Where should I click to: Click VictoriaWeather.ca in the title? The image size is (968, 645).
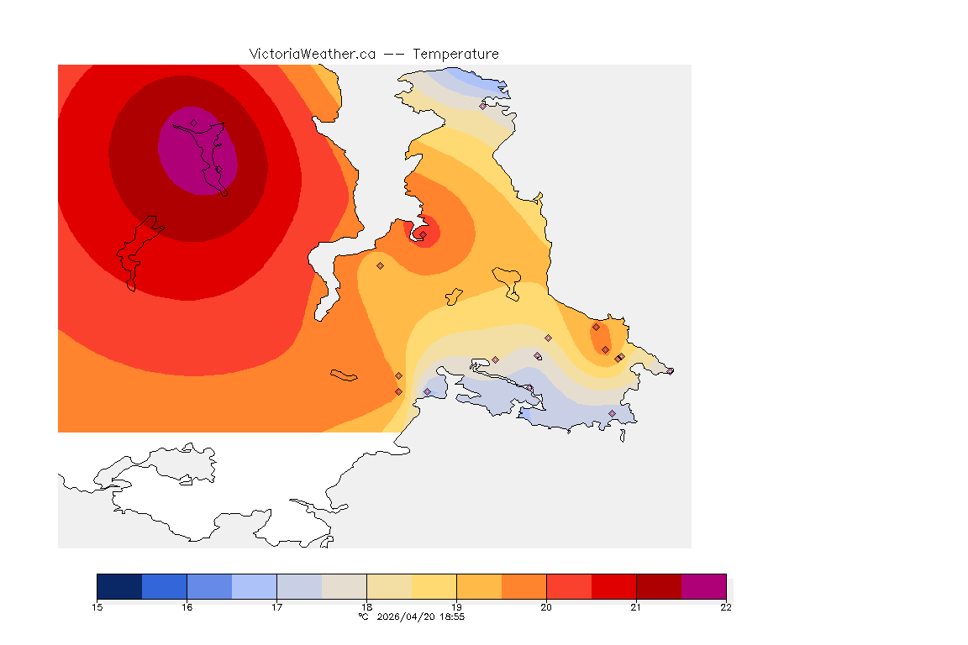(x=312, y=54)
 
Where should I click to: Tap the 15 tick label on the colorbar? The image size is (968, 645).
(x=97, y=607)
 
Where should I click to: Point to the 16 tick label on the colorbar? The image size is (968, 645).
(x=187, y=607)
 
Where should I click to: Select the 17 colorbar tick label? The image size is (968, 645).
(x=276, y=607)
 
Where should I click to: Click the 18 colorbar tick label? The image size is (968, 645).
(x=366, y=607)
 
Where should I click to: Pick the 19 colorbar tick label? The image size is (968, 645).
(x=456, y=607)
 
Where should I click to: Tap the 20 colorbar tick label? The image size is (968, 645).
(x=546, y=607)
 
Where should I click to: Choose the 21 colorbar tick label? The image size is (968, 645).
(x=636, y=607)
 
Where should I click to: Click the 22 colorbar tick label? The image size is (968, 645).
(x=726, y=607)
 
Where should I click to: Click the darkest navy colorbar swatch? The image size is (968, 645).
(x=119, y=586)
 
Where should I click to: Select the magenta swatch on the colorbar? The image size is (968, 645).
(x=703, y=586)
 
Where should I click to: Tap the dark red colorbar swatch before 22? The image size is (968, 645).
(x=659, y=586)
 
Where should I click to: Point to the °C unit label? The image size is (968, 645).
(x=363, y=616)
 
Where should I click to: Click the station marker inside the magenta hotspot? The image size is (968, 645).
(x=193, y=123)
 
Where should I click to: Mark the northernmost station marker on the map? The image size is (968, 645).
(x=483, y=106)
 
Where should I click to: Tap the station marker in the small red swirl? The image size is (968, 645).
(x=423, y=234)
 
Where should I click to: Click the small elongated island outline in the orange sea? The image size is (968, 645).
(x=345, y=375)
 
